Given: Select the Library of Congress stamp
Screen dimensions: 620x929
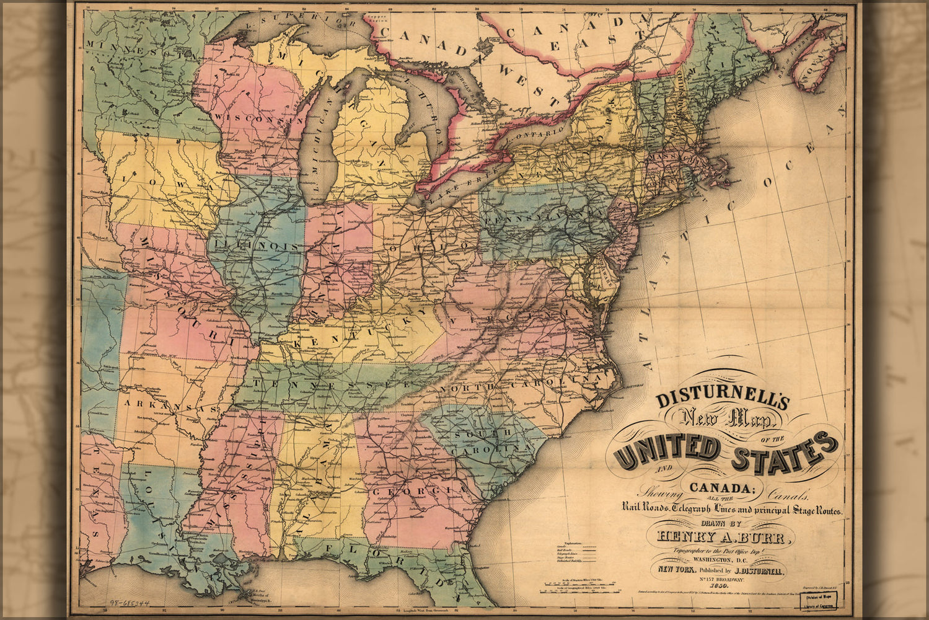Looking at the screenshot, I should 817,600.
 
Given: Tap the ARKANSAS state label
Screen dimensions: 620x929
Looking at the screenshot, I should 167,406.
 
